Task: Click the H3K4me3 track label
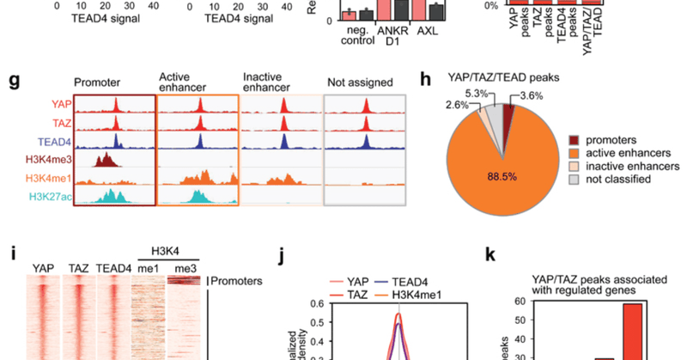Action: (x=43, y=160)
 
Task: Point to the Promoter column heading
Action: (x=98, y=83)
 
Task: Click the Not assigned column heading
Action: (x=361, y=83)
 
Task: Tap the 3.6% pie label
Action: (x=532, y=97)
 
